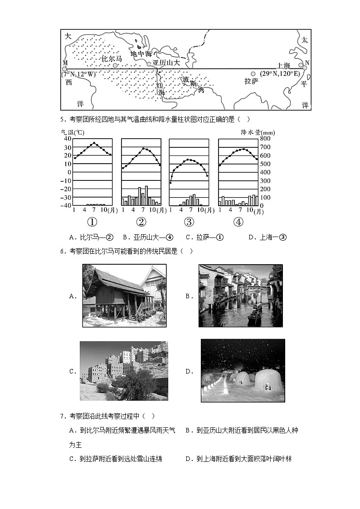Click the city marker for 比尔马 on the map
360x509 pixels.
[115, 65]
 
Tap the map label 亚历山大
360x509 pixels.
[166, 63]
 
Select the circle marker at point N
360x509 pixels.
[305, 68]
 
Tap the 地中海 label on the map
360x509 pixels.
[140, 53]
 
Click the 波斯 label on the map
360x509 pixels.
[190, 81]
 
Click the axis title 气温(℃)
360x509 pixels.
[73, 132]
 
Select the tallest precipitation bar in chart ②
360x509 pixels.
[146, 195]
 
